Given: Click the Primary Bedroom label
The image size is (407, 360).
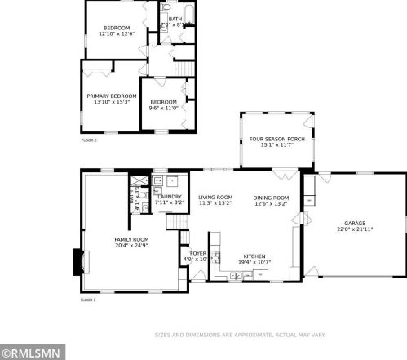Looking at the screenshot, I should [111, 96].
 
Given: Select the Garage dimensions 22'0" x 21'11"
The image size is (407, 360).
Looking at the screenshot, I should [354, 229].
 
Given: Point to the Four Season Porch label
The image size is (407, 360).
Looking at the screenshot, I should [276, 139].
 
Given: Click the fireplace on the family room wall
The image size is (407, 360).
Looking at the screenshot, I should [78, 263].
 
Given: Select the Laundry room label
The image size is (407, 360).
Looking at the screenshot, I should [169, 196].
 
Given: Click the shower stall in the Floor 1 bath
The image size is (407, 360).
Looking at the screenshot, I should [138, 180].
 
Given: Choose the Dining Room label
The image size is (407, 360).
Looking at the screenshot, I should [272, 198].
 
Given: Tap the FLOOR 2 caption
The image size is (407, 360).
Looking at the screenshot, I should [88, 140].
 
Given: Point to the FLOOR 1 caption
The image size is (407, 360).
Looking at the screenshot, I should [88, 300].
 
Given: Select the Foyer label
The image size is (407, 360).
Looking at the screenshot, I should [198, 253].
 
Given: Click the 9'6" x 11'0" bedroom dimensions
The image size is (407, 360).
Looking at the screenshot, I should [164, 108].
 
